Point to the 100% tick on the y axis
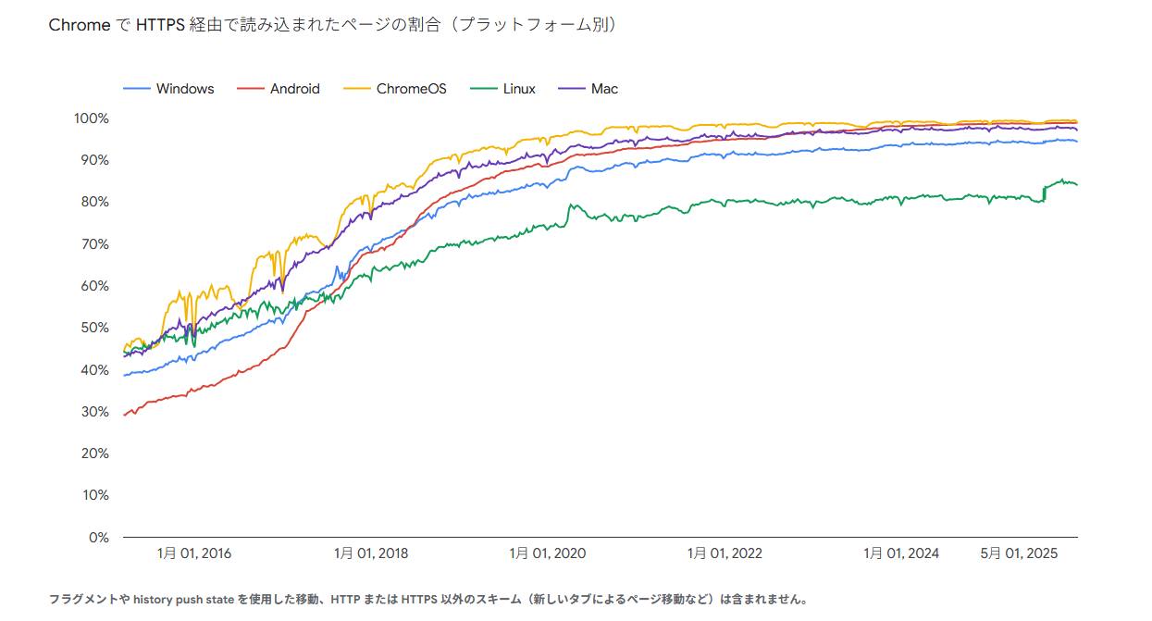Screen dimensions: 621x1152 (92, 118)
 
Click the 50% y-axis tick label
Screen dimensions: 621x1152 (95, 328)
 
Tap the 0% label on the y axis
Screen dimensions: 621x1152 (99, 537)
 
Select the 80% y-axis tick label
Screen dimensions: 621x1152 (95, 202)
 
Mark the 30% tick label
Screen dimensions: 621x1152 (95, 411)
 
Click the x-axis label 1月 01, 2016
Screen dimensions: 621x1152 (194, 553)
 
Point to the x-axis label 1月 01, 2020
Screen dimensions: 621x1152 (548, 553)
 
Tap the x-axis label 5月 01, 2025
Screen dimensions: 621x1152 (1019, 553)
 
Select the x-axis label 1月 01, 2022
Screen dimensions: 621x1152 (725, 553)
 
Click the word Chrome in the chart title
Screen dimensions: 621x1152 (80, 26)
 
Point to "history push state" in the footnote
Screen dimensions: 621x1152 (183, 599)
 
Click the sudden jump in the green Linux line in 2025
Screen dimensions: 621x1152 (1045, 192)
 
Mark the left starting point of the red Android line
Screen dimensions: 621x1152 (124, 415)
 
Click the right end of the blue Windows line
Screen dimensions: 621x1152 (1076, 141)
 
